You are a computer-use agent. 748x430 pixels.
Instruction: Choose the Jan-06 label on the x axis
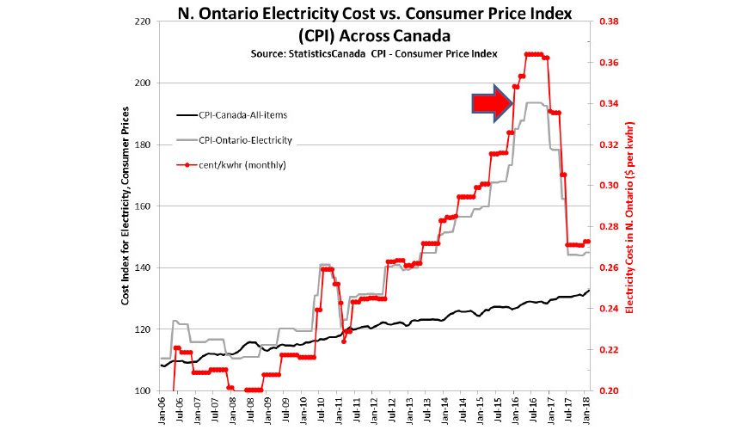(162, 411)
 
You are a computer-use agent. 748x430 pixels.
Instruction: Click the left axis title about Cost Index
(126, 206)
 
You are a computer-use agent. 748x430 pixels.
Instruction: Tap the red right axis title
(630, 206)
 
